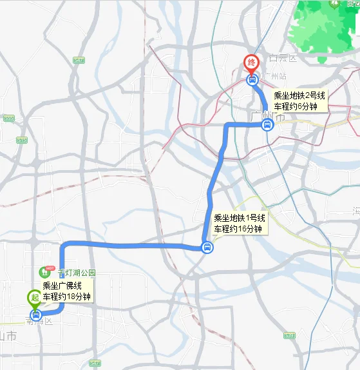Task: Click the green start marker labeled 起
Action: pyautogui.click(x=34, y=298)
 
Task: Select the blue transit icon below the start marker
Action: pyautogui.click(x=35, y=315)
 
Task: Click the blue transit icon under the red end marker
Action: pyautogui.click(x=252, y=81)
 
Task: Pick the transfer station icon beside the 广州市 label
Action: pyautogui.click(x=267, y=126)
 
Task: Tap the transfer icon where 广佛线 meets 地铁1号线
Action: pyautogui.click(x=207, y=247)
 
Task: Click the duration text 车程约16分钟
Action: pyautogui.click(x=238, y=229)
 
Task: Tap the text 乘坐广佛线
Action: pyautogui.click(x=62, y=286)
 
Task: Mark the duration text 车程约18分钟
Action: pyautogui.click(x=67, y=297)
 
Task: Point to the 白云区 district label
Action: pyautogui.click(x=282, y=59)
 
